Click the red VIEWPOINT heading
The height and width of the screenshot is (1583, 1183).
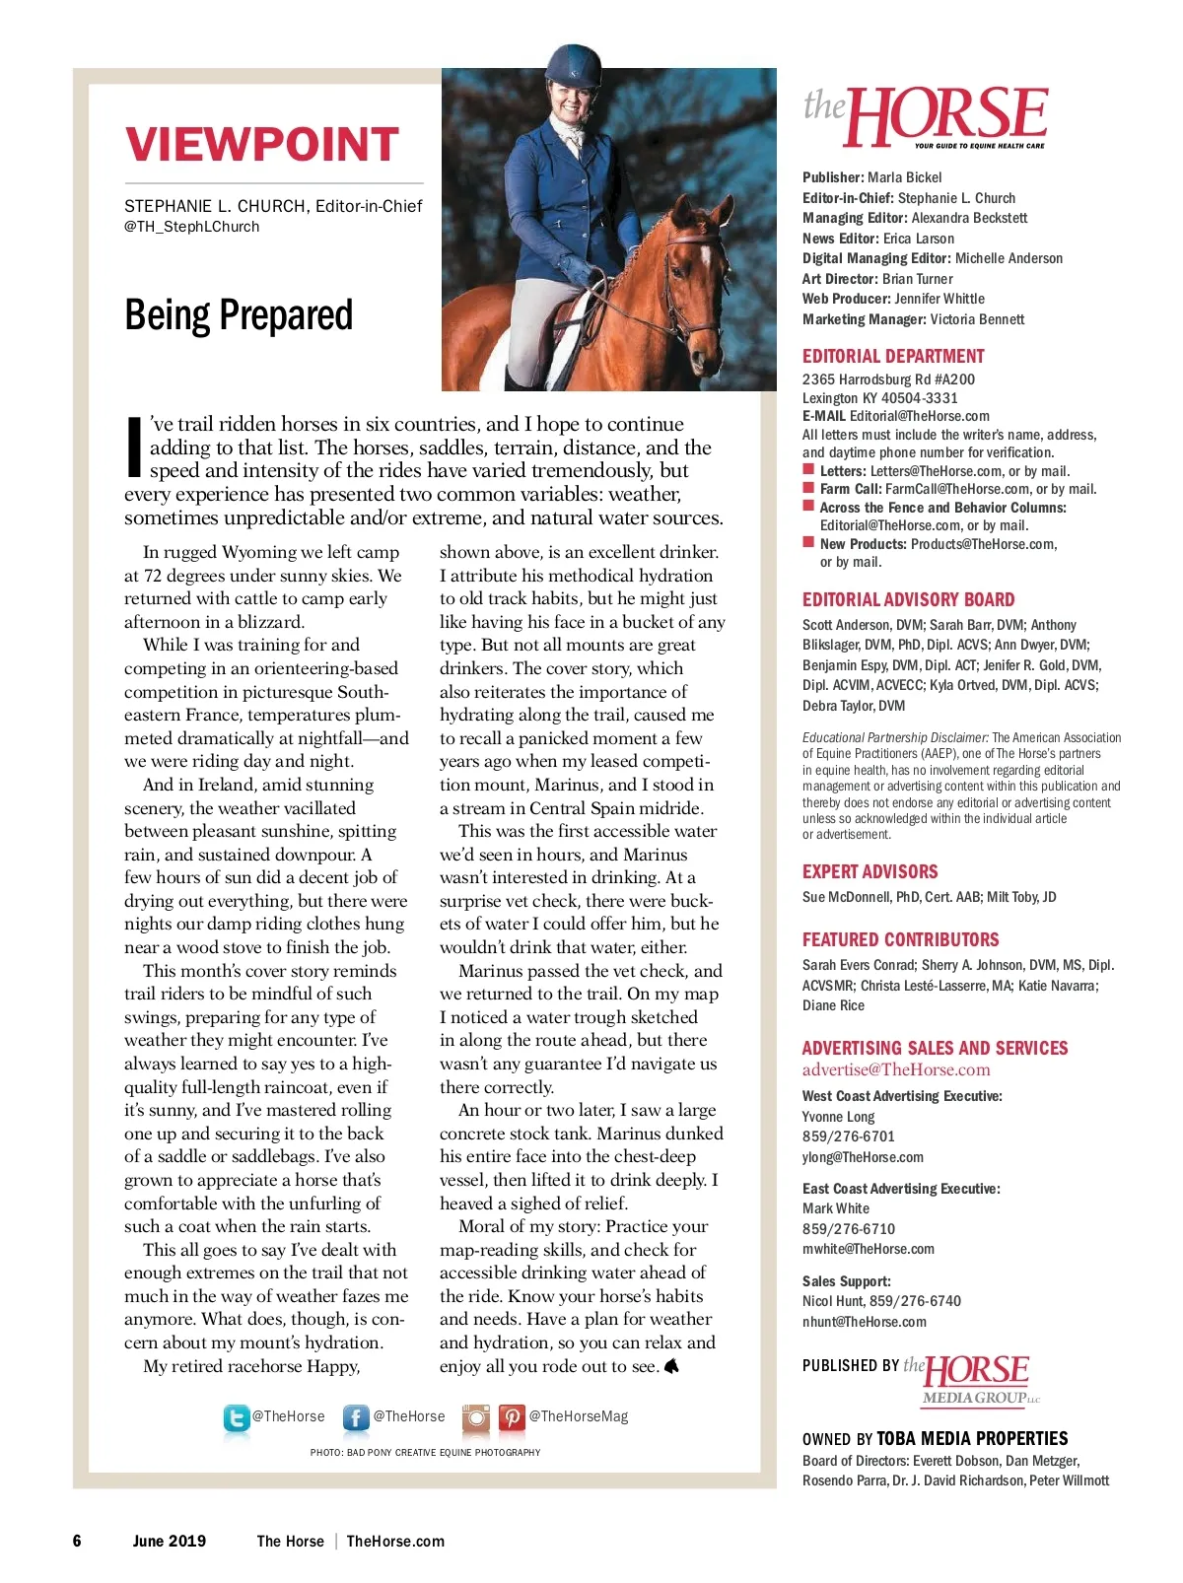coord(262,144)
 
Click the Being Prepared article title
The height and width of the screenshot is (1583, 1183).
coord(239,315)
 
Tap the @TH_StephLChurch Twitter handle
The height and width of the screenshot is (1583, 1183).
coord(192,227)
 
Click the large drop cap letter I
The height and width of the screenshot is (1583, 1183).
coord(135,447)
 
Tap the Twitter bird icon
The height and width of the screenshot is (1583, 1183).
coord(237,1417)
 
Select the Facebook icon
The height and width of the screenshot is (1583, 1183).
coord(356,1417)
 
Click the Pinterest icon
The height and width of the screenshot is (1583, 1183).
coord(512,1417)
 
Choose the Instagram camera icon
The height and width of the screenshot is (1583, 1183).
coord(476,1417)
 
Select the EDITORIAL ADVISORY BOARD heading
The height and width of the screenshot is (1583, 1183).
coord(908,599)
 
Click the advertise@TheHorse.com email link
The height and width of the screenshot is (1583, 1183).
coord(896,1069)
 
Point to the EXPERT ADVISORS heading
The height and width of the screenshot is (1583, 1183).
coord(870,871)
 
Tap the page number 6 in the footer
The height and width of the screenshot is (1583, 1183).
coord(77,1541)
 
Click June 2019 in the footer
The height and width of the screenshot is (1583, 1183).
coord(170,1541)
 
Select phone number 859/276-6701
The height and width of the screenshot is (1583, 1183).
coord(849,1136)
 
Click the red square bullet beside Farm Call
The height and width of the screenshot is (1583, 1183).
coord(808,488)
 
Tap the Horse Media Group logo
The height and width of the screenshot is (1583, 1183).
coord(976,1378)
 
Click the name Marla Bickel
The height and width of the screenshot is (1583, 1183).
coord(904,177)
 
